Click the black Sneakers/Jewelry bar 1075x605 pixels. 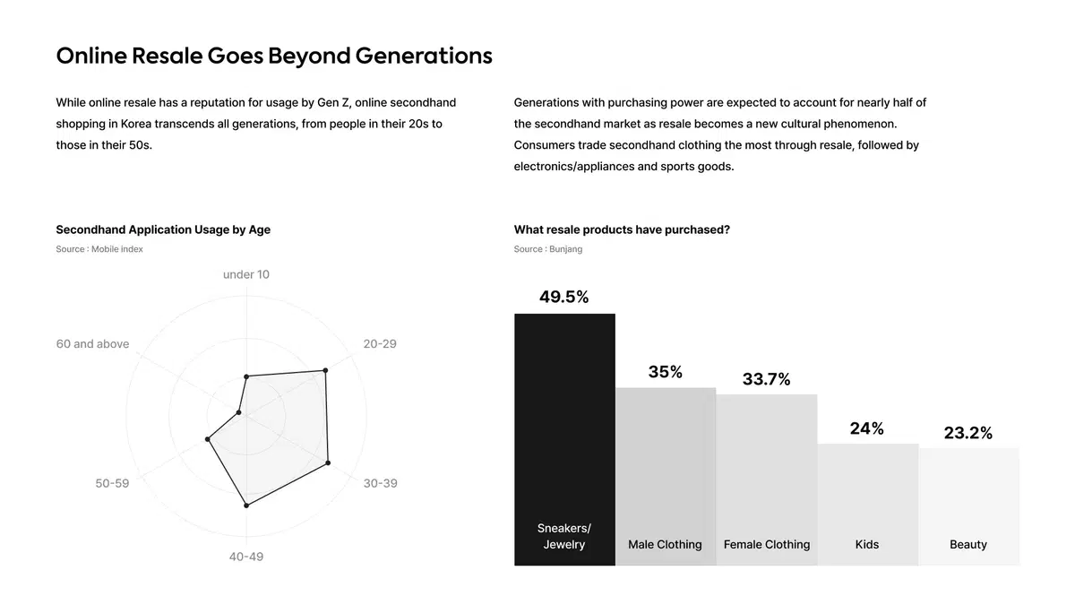pos(564,439)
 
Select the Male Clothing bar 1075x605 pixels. pos(666,476)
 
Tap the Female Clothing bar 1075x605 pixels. pos(767,480)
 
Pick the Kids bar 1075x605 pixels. pos(868,504)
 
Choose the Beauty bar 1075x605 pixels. pos(968,506)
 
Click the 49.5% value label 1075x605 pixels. pos(563,297)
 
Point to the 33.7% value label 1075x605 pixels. pos(767,379)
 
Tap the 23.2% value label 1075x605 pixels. pos(968,433)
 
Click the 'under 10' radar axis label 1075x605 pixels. pos(246,274)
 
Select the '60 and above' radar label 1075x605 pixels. pos(92,344)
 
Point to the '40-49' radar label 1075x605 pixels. pos(246,557)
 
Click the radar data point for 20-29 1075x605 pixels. pos(325,370)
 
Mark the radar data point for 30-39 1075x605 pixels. pos(328,462)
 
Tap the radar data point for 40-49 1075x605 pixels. pos(246,506)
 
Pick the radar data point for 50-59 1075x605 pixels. pos(207,439)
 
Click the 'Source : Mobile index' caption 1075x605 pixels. pos(99,249)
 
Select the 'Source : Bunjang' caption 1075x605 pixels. pos(548,249)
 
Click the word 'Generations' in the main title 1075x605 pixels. pos(424,56)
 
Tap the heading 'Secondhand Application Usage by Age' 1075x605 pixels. pos(163,229)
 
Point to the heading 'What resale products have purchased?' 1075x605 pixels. pos(622,229)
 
